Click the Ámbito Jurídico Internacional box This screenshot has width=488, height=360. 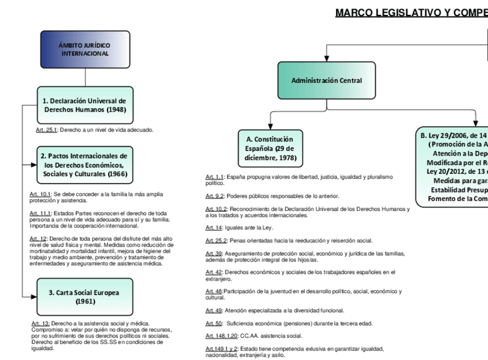point(85,50)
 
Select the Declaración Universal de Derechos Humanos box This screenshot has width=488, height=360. point(85,105)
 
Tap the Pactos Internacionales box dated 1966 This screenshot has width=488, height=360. point(85,165)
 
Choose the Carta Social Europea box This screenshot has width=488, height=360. point(85,296)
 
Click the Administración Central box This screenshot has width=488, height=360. point(326,81)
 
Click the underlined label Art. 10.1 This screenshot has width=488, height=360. point(40,195)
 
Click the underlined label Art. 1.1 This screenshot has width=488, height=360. point(215,177)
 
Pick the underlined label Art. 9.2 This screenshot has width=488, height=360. point(215,196)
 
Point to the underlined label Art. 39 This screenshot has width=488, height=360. point(212,253)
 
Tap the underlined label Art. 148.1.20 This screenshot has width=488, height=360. point(220,335)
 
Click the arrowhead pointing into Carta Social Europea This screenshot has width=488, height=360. point(34,296)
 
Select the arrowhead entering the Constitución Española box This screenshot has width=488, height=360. point(269,126)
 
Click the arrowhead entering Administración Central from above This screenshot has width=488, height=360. point(327,58)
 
